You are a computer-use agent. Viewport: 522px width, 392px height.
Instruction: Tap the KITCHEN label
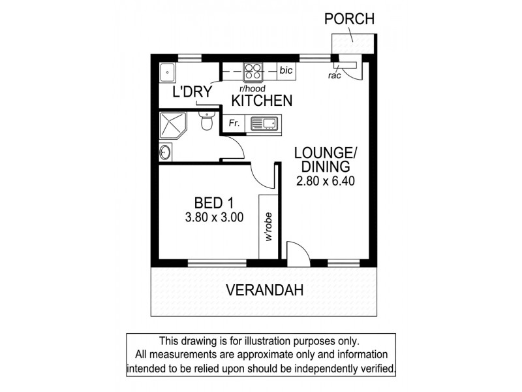coord(262,101)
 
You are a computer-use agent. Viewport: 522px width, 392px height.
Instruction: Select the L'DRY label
coord(192,92)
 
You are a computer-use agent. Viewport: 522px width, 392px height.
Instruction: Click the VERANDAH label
coord(265,291)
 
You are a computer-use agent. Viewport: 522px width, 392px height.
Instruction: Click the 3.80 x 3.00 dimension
coord(215,218)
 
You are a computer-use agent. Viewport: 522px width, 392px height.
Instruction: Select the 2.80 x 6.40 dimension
coord(325,182)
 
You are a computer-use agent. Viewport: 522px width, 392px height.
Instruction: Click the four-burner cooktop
coord(253,69)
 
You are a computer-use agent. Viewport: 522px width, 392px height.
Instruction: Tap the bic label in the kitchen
coord(285,69)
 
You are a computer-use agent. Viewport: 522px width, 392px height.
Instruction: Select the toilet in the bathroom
coord(207,122)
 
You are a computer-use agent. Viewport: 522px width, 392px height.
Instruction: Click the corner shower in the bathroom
coord(174,126)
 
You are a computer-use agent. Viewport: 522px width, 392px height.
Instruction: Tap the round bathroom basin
coord(165,154)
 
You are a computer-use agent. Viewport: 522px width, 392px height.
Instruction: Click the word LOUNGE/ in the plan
coord(325,153)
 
